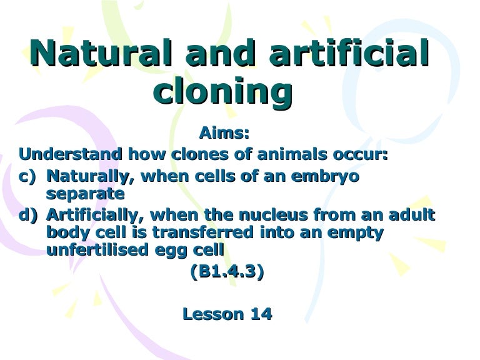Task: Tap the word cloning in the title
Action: pyautogui.click(x=223, y=92)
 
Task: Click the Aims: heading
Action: pyautogui.click(x=224, y=133)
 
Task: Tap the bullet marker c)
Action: pyautogui.click(x=29, y=176)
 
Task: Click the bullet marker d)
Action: pyautogui.click(x=29, y=216)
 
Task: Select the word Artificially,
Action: pyautogui.click(x=97, y=216)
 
